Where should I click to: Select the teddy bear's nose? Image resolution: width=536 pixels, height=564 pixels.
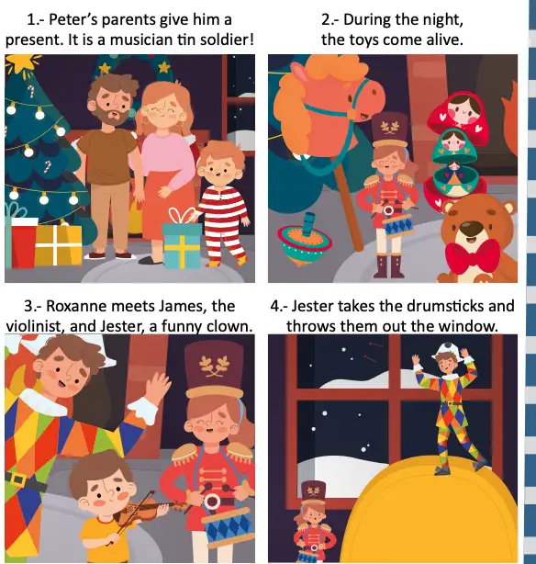[x=471, y=227]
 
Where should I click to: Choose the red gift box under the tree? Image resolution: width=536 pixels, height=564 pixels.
[x=24, y=243]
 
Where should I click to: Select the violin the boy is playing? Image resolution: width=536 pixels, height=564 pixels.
[x=144, y=512]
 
